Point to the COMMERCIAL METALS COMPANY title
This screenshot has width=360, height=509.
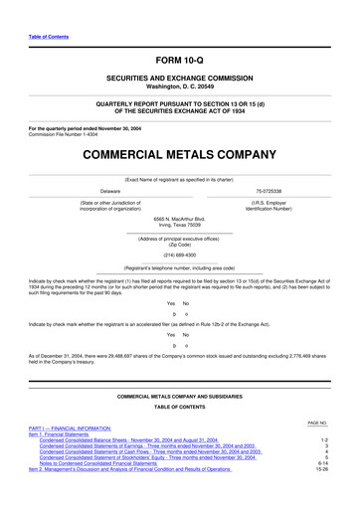pyautogui.click(x=180, y=155)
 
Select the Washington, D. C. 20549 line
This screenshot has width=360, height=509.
pyautogui.click(x=180, y=86)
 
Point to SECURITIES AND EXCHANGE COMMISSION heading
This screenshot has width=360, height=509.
pyautogui.click(x=180, y=79)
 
